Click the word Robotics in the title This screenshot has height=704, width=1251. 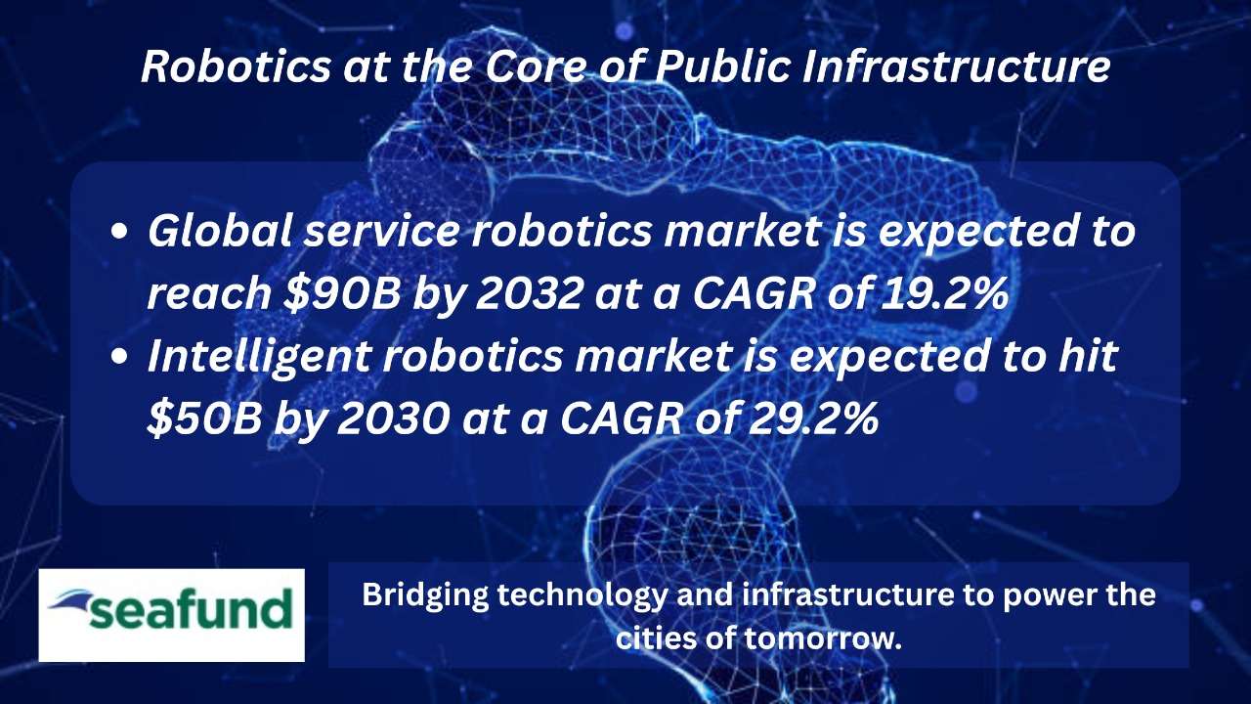tap(236, 67)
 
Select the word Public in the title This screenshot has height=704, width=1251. tap(723, 67)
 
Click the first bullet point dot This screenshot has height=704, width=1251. tap(119, 233)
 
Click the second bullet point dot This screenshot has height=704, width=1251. tap(119, 358)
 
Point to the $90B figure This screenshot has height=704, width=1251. tap(342, 293)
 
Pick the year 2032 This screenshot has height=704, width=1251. tap(529, 293)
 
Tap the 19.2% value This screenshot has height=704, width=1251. tap(945, 293)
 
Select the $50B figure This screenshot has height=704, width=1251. tap(204, 419)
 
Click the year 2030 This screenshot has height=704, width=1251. tap(393, 419)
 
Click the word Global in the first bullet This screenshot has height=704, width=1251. tap(220, 232)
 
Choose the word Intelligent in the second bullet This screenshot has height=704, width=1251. tap(259, 358)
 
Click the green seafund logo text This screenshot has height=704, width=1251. tap(191, 610)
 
